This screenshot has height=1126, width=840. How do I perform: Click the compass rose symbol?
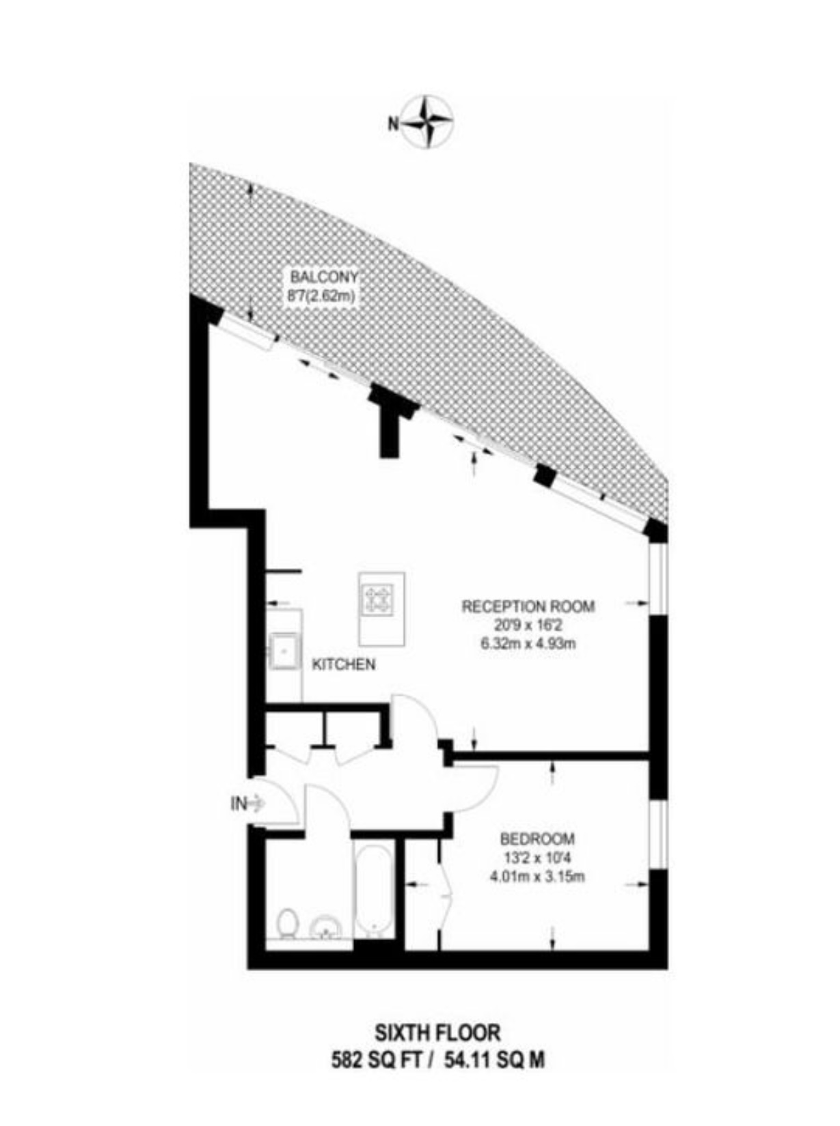point(427,123)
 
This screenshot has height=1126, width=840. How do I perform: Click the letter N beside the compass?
point(393,124)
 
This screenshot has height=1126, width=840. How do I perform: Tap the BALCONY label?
point(324,277)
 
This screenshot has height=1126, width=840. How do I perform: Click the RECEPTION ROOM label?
point(528,606)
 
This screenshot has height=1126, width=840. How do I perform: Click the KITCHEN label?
point(344,665)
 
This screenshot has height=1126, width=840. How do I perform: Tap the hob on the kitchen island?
point(379,599)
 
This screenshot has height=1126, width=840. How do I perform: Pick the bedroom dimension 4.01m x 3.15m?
point(538,877)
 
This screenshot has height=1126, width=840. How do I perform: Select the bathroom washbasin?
point(327,927)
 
